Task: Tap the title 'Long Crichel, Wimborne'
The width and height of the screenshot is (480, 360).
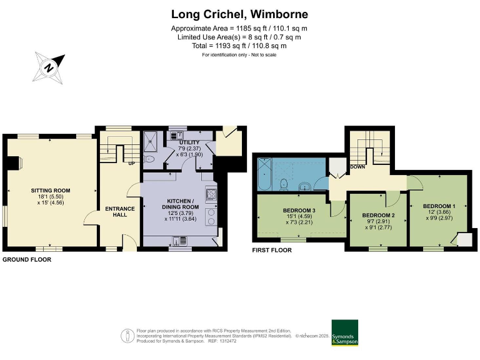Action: pos(239,14)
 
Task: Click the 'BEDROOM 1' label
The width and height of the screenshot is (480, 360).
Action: pos(439,206)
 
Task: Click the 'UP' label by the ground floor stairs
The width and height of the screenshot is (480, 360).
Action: pos(132,164)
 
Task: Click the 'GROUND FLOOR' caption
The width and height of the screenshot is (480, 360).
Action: pos(27,259)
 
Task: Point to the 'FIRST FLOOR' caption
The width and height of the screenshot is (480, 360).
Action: pos(271,250)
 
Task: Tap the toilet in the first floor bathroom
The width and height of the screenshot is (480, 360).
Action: pos(284,183)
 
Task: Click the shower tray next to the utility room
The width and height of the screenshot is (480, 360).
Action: pos(152,142)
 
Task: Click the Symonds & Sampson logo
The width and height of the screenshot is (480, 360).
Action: pos(344,333)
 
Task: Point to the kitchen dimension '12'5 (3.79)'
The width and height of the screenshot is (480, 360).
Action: pos(181,212)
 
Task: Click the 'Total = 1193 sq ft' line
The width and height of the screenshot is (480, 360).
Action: pos(239,46)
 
